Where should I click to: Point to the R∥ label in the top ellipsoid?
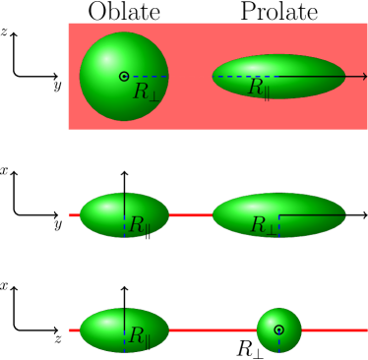point(259,88)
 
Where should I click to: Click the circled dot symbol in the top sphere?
point(124,77)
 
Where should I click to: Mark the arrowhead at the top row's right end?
point(364,77)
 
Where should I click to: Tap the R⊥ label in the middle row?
point(264,225)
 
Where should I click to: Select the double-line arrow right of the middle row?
point(355,214)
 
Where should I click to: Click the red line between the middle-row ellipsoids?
point(191,214)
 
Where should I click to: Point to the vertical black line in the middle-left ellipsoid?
point(124,205)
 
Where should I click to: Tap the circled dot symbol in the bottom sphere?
point(279,330)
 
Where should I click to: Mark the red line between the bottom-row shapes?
point(213,330)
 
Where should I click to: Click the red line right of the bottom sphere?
point(335,330)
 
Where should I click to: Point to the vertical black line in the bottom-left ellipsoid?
point(124,320)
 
